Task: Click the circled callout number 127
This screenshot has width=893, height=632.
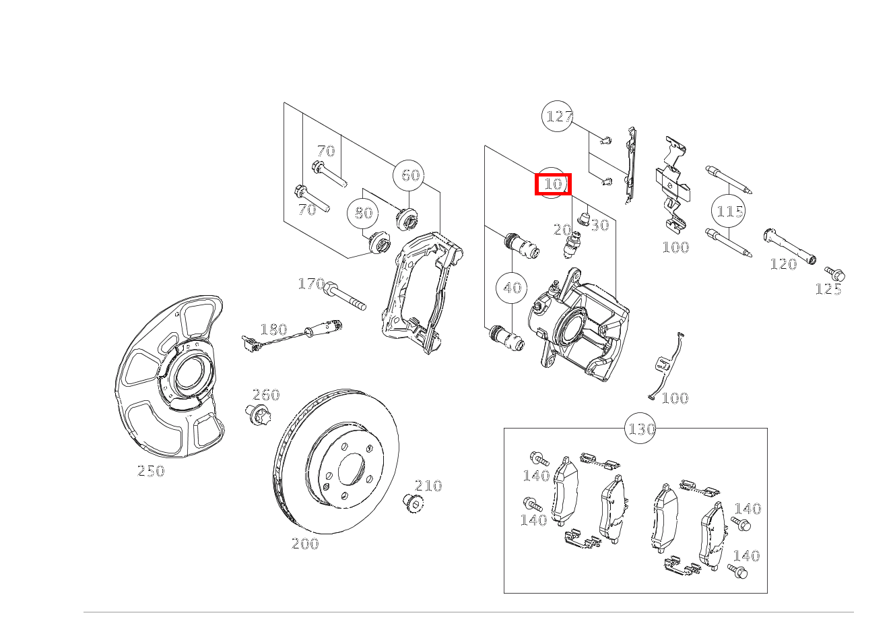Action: click(558, 117)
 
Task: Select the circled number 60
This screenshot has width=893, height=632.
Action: click(409, 175)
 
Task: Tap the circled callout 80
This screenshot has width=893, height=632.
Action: click(363, 213)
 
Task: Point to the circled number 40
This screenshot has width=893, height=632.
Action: click(512, 288)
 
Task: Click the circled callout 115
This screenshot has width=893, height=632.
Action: click(729, 211)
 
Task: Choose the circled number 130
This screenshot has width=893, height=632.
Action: click(640, 429)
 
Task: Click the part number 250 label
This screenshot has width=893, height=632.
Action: click(151, 471)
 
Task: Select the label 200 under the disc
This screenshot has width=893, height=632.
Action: click(305, 544)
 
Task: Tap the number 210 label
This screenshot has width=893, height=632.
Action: click(428, 486)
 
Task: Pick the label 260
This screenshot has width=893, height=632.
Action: click(266, 395)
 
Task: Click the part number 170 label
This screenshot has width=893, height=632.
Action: click(311, 284)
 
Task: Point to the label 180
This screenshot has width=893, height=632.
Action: click(273, 329)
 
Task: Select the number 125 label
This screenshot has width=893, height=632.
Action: click(828, 289)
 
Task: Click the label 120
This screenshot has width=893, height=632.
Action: click(783, 264)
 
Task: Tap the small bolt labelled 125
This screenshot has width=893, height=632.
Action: click(835, 274)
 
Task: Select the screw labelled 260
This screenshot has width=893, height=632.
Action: click(258, 414)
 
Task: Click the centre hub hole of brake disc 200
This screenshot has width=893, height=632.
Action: click(352, 469)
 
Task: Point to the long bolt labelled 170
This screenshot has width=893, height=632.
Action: click(345, 296)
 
